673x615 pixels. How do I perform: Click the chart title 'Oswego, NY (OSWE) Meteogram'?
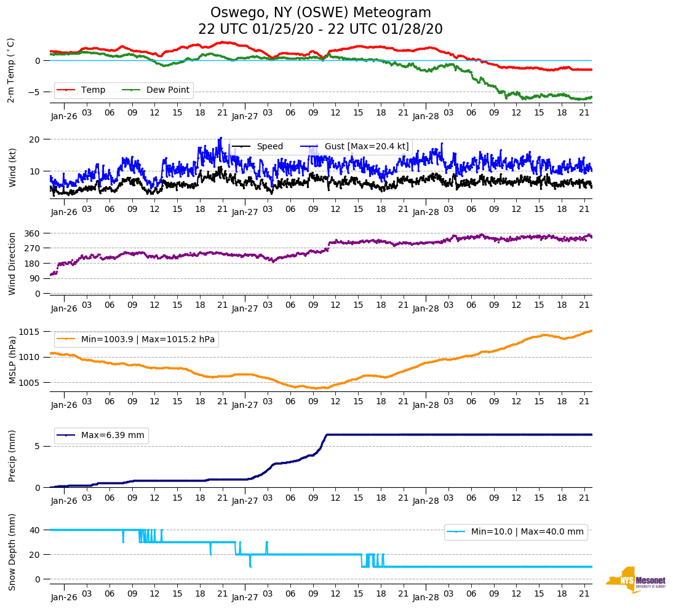pyautogui.click(x=321, y=13)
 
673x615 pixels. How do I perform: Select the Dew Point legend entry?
pyautogui.click(x=168, y=90)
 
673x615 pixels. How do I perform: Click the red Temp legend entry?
pyautogui.click(x=92, y=90)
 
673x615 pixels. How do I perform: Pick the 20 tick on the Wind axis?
pyautogui.click(x=35, y=139)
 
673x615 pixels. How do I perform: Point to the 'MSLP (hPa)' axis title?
pyautogui.click(x=13, y=361)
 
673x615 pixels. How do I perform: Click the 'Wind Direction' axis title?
pyautogui.click(x=13, y=264)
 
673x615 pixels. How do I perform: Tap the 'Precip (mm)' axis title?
pyautogui.click(x=13, y=456)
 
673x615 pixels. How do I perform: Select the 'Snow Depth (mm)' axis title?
pyautogui.click(x=13, y=552)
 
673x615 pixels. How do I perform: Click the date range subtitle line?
pyautogui.click(x=321, y=29)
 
